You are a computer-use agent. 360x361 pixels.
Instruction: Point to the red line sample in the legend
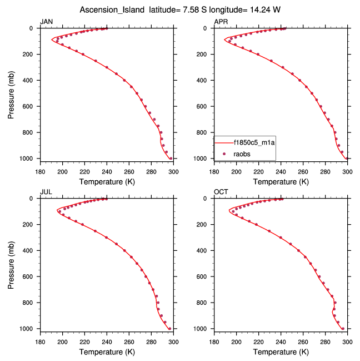coord(224,142)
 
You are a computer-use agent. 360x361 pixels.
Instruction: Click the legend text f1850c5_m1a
coord(254,142)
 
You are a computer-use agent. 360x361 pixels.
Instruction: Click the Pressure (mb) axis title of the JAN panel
coord(12,93)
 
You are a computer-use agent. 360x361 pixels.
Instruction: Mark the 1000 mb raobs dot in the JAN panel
coord(171,159)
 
